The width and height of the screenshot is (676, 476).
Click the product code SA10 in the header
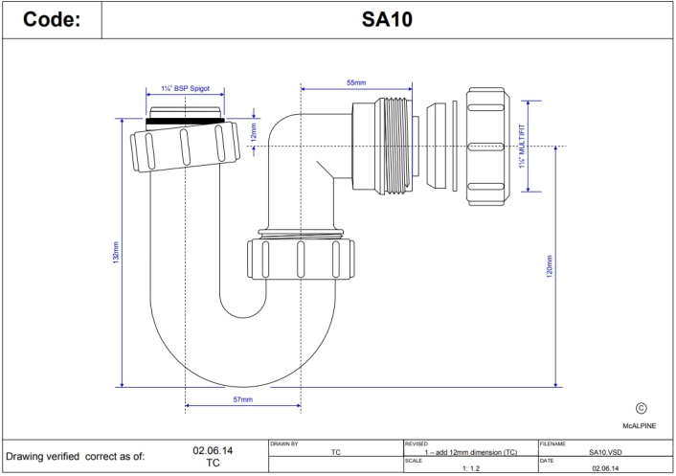coord(388,19)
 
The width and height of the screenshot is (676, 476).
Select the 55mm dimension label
coord(355,84)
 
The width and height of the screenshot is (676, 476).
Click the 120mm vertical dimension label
coord(549,267)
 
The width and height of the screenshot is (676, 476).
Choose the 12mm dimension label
coord(254,132)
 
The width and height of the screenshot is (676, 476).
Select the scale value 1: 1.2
coord(472,468)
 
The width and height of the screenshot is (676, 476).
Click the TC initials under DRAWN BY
coord(335,450)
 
